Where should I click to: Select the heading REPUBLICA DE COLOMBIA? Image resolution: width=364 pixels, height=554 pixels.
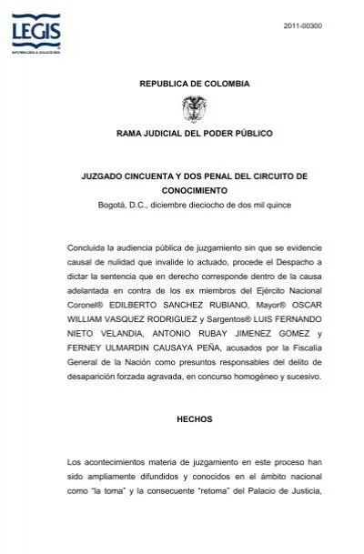coord(193,84)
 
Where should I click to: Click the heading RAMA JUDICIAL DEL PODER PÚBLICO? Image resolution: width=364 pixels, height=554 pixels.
coord(194,134)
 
